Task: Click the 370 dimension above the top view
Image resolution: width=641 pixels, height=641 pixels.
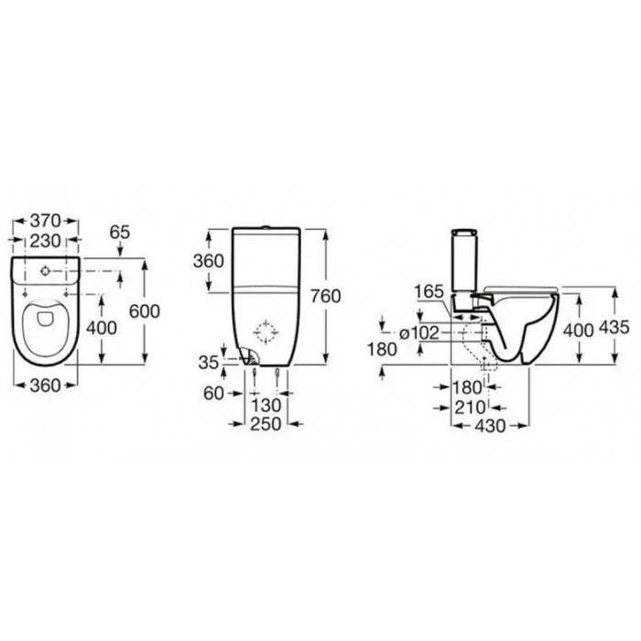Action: point(45,221)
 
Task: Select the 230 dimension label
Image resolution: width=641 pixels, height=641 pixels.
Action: point(45,241)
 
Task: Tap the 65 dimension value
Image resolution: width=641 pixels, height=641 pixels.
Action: point(120,233)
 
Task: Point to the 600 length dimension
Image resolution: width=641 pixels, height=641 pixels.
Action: point(145,311)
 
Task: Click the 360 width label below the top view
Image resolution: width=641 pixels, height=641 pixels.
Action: point(45,386)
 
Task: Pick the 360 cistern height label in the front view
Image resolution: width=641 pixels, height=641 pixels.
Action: point(209,261)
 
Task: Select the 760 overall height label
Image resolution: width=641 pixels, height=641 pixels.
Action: point(325,296)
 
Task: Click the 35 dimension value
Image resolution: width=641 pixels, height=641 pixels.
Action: point(209,363)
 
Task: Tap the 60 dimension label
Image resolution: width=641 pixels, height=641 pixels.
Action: point(213,393)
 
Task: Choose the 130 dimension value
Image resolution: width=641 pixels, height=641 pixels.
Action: point(266,406)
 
